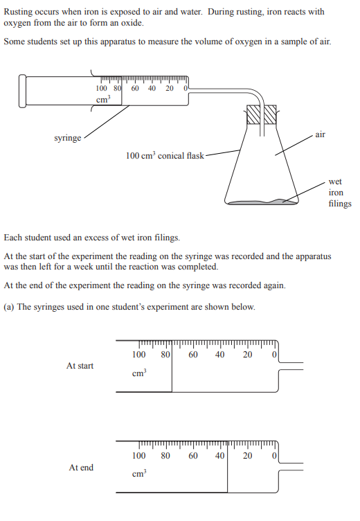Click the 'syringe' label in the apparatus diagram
[67, 138]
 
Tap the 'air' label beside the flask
[320, 134]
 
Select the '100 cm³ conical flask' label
[165, 155]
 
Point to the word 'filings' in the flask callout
[340, 204]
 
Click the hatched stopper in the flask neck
[262, 114]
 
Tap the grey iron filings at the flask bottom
[262, 202]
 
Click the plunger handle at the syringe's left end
[22, 91]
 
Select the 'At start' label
[80, 366]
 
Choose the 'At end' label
[81, 468]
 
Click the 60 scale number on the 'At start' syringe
[193, 355]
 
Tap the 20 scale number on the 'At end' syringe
[247, 456]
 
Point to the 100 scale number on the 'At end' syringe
[139, 456]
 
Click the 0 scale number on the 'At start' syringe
[274, 355]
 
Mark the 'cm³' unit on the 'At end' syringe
[139, 473]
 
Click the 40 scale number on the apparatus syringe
[152, 89]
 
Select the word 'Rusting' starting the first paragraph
[18, 12]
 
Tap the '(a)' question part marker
[9, 307]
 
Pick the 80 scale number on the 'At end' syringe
[165, 456]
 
